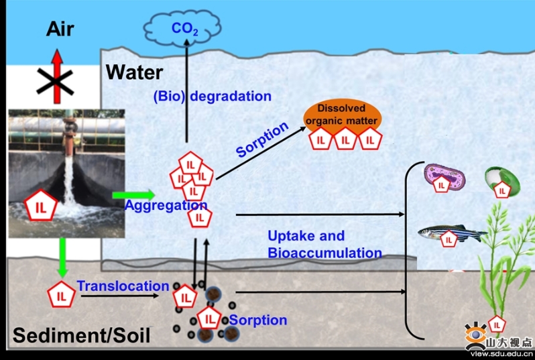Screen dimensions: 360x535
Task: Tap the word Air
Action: [x=60, y=29]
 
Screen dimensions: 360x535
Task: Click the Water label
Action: [x=134, y=72]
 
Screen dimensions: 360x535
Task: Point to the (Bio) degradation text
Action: [x=212, y=96]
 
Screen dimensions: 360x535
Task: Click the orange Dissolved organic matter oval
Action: [x=343, y=117]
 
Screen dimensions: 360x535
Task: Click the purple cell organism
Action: [x=444, y=178]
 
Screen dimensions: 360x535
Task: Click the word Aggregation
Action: [x=166, y=205]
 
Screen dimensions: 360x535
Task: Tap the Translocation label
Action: [x=123, y=286]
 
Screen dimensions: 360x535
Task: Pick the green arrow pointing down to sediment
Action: [x=62, y=257]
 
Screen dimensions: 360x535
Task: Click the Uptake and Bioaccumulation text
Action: [x=324, y=244]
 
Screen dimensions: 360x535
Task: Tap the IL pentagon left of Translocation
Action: [x=62, y=294]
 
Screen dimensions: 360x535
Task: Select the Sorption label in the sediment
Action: [x=257, y=320]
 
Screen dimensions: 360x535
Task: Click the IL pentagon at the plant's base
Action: [x=496, y=325]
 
